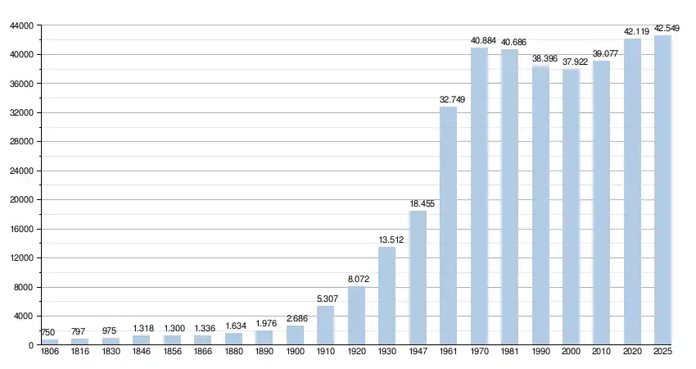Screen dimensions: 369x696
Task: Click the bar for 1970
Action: [479, 197]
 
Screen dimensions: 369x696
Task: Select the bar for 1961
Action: [449, 225]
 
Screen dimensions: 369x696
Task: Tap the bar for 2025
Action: [662, 190]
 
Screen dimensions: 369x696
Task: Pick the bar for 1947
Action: [418, 278]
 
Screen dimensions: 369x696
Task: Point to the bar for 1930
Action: [386, 296]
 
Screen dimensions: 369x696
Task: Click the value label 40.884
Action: [479, 40]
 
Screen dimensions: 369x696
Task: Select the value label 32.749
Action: [449, 99]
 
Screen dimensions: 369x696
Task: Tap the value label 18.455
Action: [418, 203]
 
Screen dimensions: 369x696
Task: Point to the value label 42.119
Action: [633, 31]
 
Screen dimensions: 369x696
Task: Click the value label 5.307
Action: [325, 298]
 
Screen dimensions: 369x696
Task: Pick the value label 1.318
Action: [142, 328]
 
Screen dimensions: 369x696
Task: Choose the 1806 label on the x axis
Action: [50, 352]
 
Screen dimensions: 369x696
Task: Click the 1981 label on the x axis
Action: [510, 352]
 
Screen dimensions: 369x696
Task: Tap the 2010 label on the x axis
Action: [602, 352]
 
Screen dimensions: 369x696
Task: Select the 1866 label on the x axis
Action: [203, 352]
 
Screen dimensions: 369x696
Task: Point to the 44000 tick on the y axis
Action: [20, 26]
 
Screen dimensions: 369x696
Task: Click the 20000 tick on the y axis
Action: [20, 200]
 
